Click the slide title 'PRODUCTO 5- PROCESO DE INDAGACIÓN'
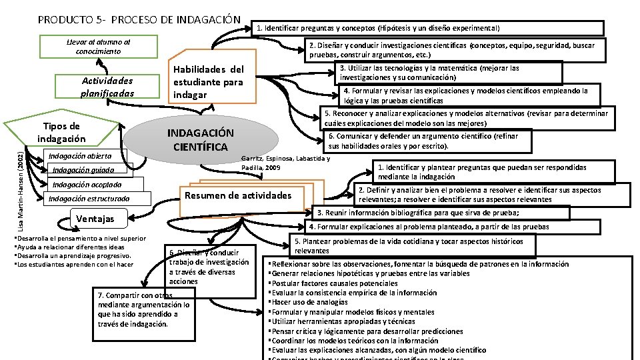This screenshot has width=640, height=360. (x=139, y=19)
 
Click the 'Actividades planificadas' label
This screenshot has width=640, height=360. (x=107, y=87)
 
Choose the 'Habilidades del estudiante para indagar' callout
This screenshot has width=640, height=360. (x=209, y=82)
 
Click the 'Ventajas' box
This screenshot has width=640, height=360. (x=95, y=219)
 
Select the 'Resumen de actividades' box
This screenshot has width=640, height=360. (x=247, y=195)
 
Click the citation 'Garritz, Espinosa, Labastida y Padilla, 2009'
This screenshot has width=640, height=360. (x=285, y=163)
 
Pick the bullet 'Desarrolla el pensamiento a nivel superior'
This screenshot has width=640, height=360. (x=81, y=238)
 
